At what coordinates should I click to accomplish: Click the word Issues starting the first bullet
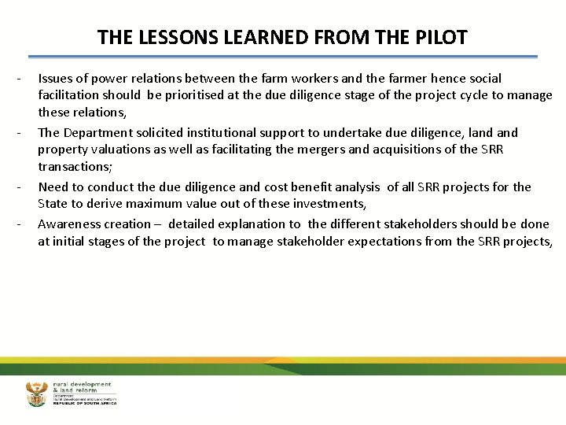pyautogui.click(x=55, y=78)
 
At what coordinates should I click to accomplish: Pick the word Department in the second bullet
pyautogui.click(x=101, y=132)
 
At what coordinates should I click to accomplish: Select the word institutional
pyautogui.click(x=233, y=132)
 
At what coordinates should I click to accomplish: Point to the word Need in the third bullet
pyautogui.click(x=53, y=187)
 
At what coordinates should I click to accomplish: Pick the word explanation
pyautogui.click(x=255, y=224)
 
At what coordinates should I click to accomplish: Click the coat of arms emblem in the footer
pyautogui.click(x=36, y=394)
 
